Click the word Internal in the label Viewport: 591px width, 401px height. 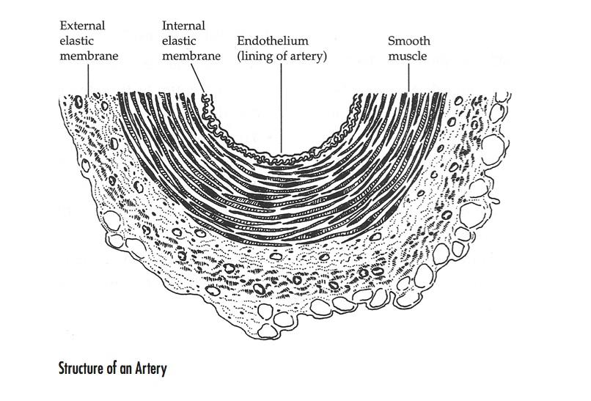(x=183, y=26)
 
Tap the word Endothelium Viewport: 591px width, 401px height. (x=272, y=41)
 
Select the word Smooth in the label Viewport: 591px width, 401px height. (x=408, y=41)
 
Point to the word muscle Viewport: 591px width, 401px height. (x=408, y=56)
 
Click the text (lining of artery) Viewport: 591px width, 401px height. (x=281, y=56)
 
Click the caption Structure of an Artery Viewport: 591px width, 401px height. (x=112, y=369)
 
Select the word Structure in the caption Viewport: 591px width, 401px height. (x=80, y=369)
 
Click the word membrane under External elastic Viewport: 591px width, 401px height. (x=89, y=56)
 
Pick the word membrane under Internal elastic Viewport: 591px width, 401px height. (x=191, y=56)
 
